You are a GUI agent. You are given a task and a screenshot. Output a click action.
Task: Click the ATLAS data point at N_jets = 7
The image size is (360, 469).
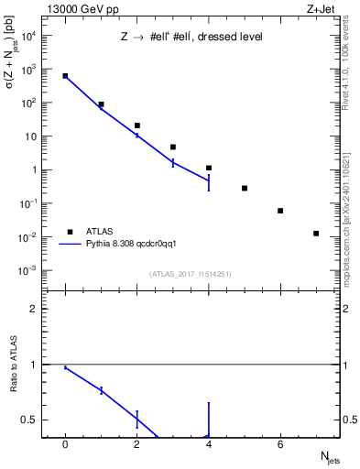pos(316,234)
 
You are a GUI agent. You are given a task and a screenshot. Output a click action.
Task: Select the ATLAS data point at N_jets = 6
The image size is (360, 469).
pos(280,211)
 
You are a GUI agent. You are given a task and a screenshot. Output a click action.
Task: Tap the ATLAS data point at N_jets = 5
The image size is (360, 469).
pos(245,188)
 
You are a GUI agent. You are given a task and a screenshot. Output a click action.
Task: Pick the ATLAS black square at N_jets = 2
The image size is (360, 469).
pos(136,125)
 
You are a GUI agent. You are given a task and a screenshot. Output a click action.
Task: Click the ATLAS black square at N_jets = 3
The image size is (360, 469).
pos(172,147)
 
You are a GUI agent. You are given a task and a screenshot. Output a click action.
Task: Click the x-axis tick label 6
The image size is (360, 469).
pos(280,444)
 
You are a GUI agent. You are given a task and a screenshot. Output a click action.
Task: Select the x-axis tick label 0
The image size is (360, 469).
pos(65,444)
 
